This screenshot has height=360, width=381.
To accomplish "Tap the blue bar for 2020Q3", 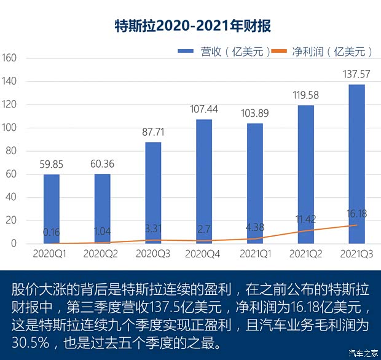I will pos(153,193).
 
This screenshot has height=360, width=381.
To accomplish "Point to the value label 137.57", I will pos(356,74).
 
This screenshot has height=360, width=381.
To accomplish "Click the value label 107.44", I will pos(204,109).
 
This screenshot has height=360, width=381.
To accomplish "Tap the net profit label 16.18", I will pos(356,214).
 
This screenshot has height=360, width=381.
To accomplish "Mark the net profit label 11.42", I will pos(305,219).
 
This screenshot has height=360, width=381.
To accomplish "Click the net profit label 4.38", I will pos(255,227).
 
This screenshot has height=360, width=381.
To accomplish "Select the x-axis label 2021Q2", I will pos(305,253).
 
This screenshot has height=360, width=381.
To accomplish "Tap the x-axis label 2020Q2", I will pos(102,253).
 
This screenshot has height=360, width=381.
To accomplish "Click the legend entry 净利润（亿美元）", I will pos(326,52).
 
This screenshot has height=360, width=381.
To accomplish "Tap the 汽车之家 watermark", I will pos(363,352).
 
